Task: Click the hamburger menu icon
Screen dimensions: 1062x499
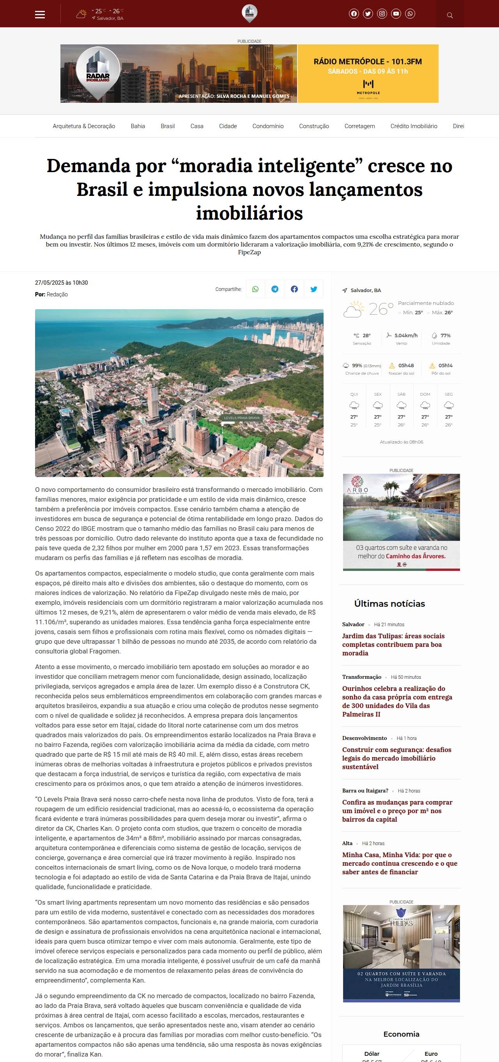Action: point(40,14)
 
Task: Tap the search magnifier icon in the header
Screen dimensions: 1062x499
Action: point(450,15)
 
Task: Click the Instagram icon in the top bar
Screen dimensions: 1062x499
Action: point(382,14)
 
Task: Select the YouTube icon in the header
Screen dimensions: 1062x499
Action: point(396,14)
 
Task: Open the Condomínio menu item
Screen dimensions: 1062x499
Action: point(268,126)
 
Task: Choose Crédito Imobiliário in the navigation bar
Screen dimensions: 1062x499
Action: point(414,126)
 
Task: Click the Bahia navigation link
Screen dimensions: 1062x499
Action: point(138,126)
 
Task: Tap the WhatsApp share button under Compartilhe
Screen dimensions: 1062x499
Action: point(255,289)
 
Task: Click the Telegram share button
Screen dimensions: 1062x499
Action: point(275,289)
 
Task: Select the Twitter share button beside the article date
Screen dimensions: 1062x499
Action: point(314,289)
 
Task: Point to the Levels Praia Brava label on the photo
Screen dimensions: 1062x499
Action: point(242,417)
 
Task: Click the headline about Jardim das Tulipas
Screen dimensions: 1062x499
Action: point(393,644)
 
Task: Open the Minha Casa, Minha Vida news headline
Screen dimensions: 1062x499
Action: point(400,863)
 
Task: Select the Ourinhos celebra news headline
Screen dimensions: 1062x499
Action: point(397,701)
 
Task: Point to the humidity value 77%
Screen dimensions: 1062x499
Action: point(445,336)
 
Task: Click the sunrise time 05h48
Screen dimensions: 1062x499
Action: point(406,366)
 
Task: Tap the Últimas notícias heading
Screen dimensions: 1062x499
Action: point(389,604)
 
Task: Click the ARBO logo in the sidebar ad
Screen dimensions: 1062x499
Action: point(357,484)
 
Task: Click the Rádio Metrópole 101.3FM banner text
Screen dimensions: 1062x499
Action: point(367,62)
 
